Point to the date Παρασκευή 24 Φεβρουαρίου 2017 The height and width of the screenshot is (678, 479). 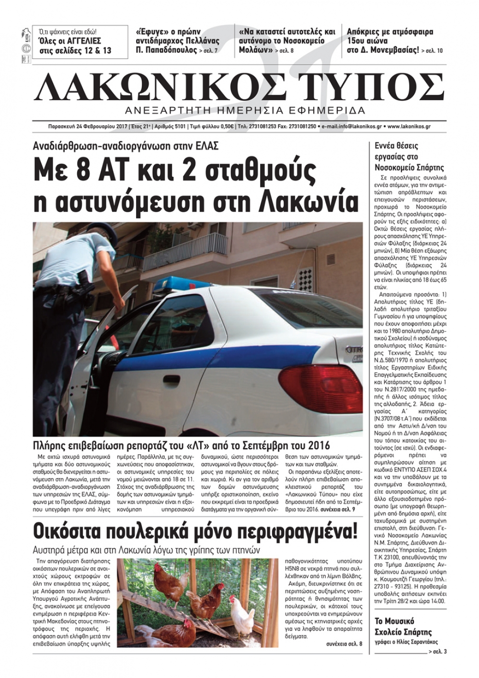click(x=81, y=126)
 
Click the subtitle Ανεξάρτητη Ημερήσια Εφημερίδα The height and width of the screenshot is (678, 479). click(x=244, y=110)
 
